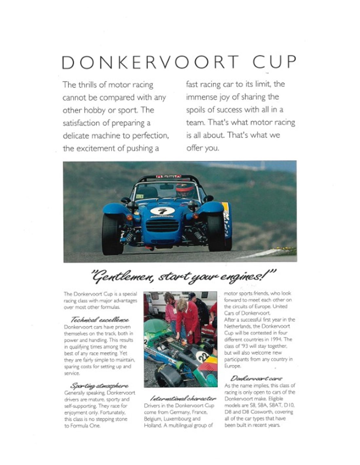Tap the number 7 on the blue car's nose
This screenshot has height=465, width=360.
162,211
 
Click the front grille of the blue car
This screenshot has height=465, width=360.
162,226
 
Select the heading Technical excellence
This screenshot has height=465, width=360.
100,320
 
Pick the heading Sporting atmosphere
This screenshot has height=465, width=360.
99,386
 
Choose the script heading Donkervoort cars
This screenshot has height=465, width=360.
256,379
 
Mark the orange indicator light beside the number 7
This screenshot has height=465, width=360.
130,217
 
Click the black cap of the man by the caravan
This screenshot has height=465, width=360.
192,295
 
